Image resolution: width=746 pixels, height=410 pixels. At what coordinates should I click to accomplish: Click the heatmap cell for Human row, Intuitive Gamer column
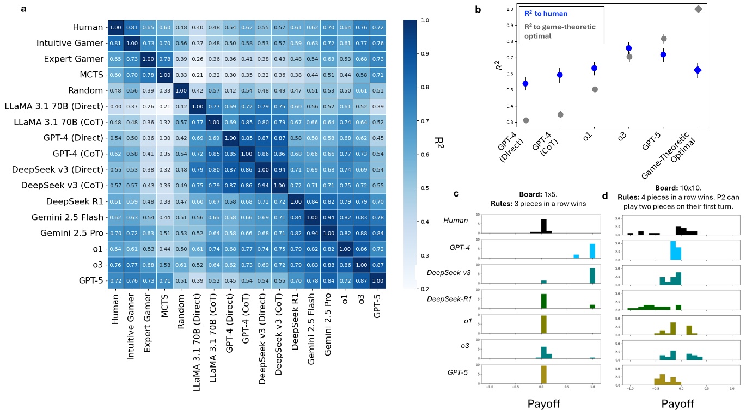(131, 27)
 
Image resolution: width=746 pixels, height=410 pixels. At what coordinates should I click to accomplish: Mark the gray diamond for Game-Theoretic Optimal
(699, 9)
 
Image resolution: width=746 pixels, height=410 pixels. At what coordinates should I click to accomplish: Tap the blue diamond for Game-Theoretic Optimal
(699, 70)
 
